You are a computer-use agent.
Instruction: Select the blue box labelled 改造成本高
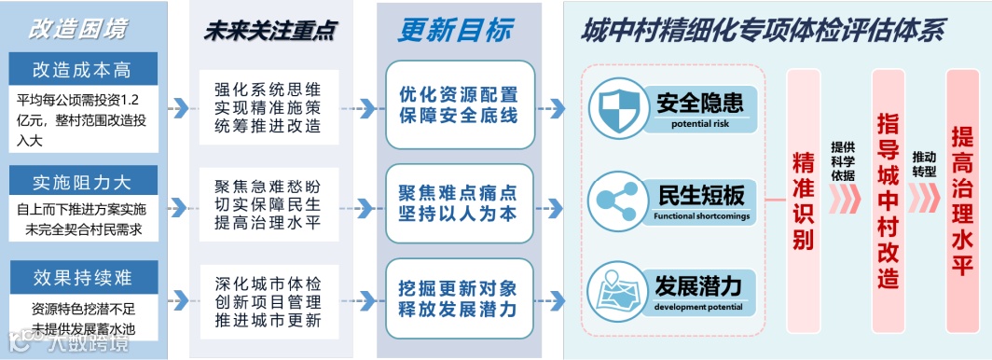point(83,69)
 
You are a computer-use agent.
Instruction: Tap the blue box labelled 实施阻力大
point(83,181)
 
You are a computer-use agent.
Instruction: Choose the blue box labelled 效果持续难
point(83,279)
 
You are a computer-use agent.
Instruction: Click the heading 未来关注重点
point(269,30)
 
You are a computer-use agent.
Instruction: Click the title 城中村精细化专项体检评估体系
point(764,30)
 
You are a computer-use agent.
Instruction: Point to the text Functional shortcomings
point(701,216)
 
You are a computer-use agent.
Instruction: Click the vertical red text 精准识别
point(803,200)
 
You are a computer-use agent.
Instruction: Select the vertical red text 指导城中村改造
point(888,200)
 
